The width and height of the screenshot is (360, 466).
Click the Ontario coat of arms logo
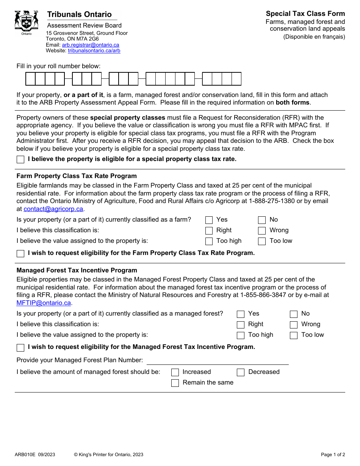[27, 21]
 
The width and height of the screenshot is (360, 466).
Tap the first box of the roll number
[30, 79]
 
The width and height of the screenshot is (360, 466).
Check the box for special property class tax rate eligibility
[20, 160]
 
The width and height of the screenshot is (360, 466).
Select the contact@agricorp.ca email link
[53, 209]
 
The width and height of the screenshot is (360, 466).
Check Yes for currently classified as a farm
[209, 220]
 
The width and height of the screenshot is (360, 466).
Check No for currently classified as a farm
[262, 220]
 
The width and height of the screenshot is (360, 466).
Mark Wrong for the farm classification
[262, 231]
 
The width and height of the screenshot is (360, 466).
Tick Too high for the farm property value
[209, 241]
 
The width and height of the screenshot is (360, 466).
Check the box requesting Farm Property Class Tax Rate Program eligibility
[20, 253]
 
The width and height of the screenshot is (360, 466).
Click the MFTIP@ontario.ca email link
[44, 303]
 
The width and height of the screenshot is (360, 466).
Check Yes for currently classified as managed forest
[241, 314]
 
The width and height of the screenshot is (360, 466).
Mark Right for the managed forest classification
[241, 325]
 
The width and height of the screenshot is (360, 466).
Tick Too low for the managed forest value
[294, 335]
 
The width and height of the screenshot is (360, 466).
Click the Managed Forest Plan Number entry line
[217, 360]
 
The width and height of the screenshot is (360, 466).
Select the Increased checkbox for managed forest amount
[175, 372]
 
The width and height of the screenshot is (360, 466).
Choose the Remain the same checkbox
[175, 383]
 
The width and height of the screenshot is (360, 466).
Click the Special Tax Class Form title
[305, 14]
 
